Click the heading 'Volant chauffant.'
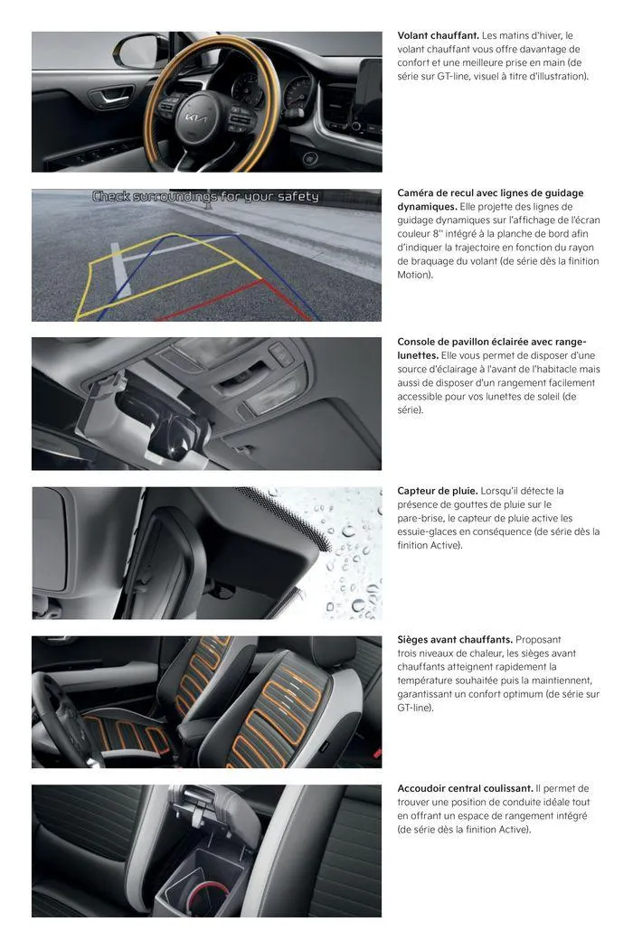pos(438,35)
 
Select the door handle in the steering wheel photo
pos(109,96)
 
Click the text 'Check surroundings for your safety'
pos(205,196)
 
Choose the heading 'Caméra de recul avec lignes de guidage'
pos(490,193)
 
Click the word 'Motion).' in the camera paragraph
pos(415,274)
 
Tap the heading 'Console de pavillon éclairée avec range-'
pos(492,342)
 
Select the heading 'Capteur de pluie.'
pos(438,491)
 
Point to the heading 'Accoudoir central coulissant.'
pos(465,789)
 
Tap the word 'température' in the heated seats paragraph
pos(427,681)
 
